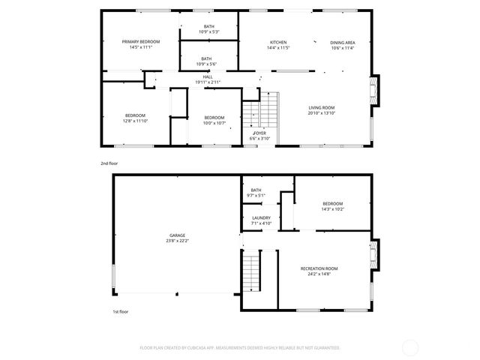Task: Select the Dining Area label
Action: click(342, 42)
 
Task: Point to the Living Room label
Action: click(321, 108)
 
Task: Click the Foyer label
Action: click(259, 133)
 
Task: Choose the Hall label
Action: click(208, 76)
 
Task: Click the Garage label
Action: click(177, 235)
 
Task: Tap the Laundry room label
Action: click(261, 217)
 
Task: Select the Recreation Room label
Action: click(319, 268)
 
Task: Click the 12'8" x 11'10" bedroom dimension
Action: click(136, 121)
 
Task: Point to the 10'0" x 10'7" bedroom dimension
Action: click(214, 121)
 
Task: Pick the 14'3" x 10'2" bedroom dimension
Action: click(332, 209)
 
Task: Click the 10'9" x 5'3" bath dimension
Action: click(208, 31)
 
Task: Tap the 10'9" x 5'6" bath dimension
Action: click(208, 63)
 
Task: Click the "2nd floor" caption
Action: click(109, 163)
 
